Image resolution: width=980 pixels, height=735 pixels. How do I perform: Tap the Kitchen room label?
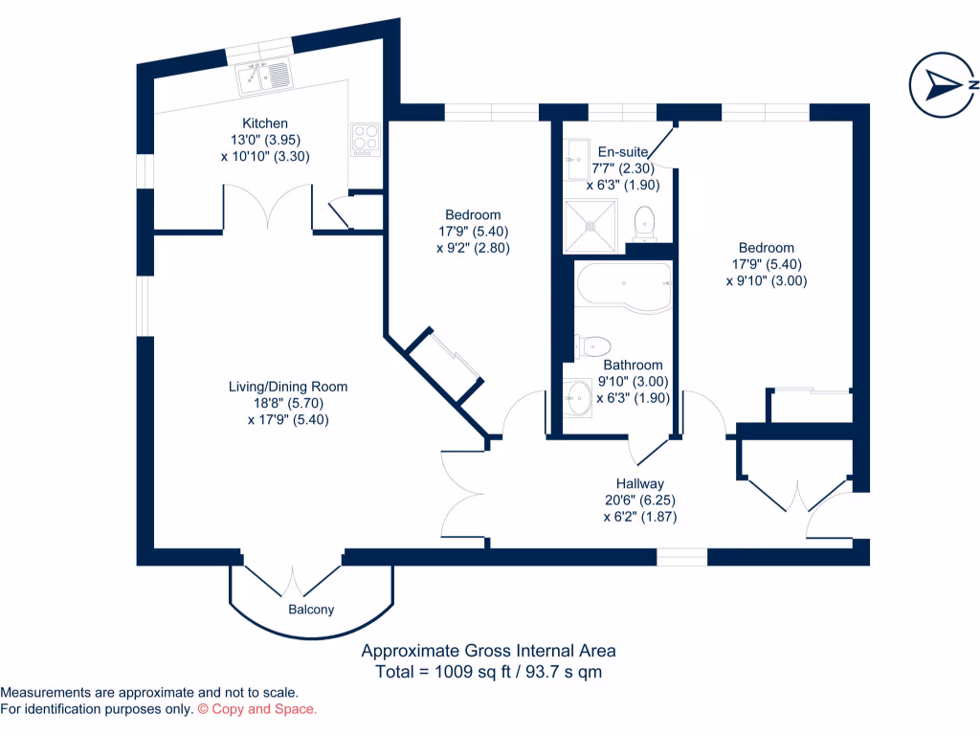coord(264,123)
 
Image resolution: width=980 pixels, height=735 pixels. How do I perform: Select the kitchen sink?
coord(264,76)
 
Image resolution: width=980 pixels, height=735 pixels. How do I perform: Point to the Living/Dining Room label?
coord(287,387)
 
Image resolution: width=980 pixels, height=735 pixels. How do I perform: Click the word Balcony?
coord(311,610)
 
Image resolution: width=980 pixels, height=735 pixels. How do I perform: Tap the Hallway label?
coord(639,484)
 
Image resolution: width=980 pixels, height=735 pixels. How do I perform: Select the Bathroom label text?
coord(633,365)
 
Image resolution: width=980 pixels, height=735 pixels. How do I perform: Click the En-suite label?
coord(624,151)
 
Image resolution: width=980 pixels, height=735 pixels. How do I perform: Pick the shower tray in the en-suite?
coord(591,222)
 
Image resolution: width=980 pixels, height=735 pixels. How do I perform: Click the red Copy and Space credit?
coord(256,709)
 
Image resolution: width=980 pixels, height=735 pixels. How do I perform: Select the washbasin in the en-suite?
coord(578,157)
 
